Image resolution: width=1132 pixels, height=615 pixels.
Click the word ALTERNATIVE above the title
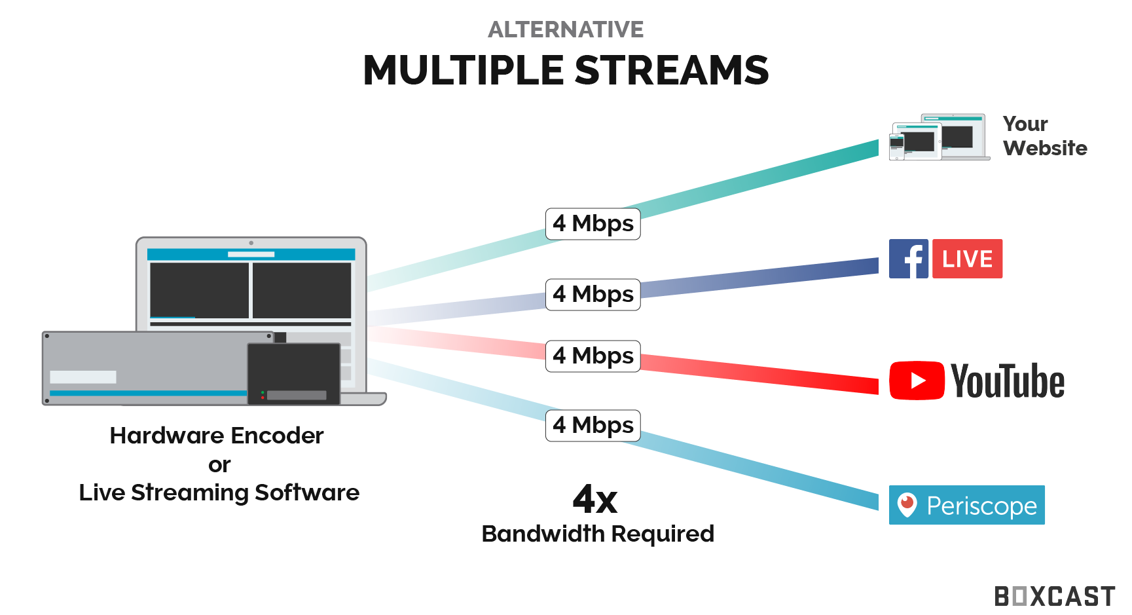(566, 29)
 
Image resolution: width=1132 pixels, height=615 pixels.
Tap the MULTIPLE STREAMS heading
(566, 70)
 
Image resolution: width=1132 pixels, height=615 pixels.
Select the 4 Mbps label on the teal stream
(593, 224)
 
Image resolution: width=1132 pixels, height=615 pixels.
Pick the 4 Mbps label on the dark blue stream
(593, 294)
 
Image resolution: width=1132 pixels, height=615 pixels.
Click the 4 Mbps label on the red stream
(593, 356)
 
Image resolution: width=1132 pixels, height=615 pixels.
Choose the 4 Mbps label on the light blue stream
(593, 426)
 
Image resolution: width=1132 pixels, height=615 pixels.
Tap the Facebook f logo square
(909, 259)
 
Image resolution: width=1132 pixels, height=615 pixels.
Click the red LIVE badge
(968, 259)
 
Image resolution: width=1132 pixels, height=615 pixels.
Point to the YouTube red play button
(917, 381)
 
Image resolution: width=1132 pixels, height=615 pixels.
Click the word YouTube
(1008, 381)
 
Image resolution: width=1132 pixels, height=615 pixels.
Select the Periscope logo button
(966, 505)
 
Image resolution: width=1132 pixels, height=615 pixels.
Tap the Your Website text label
(1045, 136)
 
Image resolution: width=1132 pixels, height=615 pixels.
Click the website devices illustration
(940, 137)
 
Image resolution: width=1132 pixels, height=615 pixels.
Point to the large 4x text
(595, 500)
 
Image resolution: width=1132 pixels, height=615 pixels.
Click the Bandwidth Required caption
(598, 534)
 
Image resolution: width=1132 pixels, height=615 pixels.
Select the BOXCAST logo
(1055, 597)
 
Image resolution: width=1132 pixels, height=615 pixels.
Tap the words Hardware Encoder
(217, 436)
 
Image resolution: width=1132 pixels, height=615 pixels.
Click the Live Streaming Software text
(219, 493)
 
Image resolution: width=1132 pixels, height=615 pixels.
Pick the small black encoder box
(294, 373)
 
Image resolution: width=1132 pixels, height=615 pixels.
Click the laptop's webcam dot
(251, 243)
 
